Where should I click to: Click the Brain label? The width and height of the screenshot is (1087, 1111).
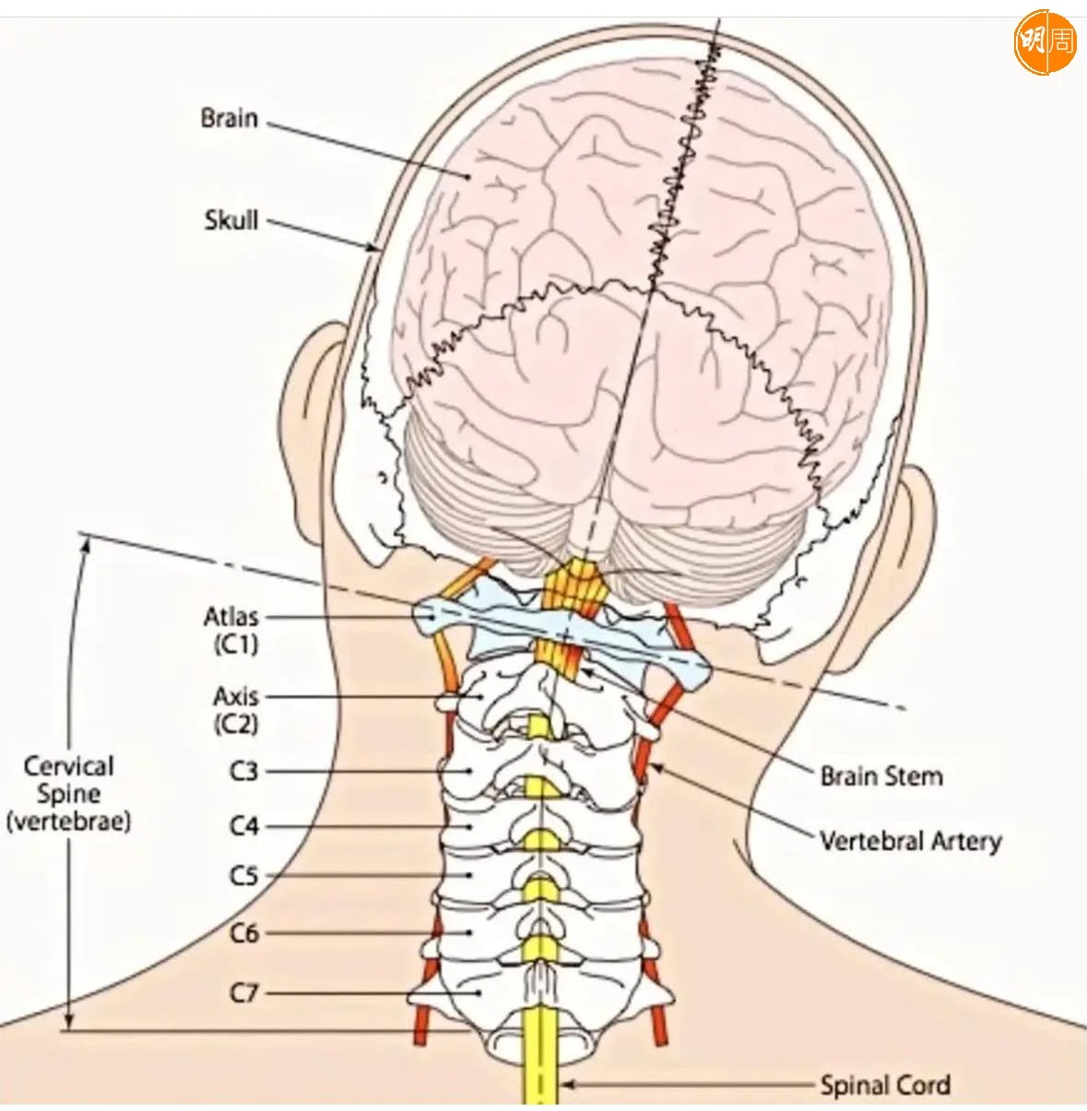[x=229, y=119]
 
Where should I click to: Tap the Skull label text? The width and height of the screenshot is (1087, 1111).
[x=231, y=220]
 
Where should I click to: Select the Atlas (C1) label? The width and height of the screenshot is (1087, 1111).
[x=231, y=630]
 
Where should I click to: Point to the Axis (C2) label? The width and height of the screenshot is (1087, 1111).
[x=236, y=709]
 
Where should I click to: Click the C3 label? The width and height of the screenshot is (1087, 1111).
[x=243, y=771]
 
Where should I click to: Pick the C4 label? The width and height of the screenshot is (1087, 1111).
[x=243, y=826]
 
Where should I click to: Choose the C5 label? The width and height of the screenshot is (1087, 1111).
[x=243, y=875]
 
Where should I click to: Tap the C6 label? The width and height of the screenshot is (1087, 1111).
[x=243, y=933]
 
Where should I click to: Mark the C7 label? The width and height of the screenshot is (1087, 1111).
[x=243, y=993]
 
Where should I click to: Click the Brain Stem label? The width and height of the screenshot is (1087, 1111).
[x=881, y=776]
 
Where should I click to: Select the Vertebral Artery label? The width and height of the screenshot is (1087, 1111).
[x=910, y=841]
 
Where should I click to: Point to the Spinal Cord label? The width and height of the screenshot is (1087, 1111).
[x=885, y=1085]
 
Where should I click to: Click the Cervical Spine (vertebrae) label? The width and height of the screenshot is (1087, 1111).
[x=68, y=794]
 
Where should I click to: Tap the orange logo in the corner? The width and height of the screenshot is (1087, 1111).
[x=1045, y=41]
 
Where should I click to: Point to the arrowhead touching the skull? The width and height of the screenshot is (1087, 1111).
[x=373, y=247]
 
